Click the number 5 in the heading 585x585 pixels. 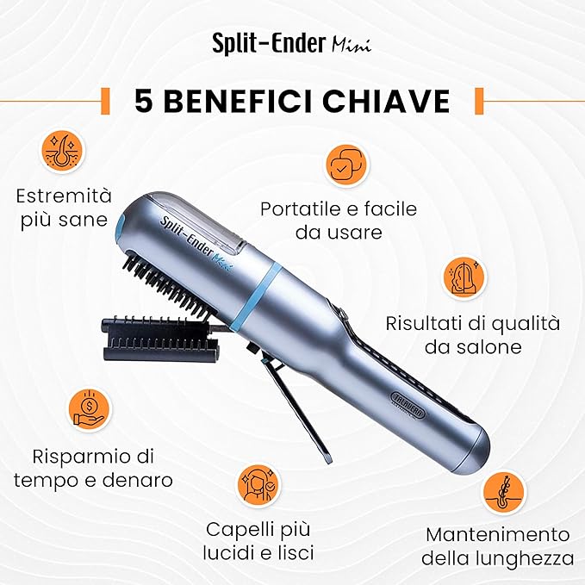pyautogui.click(x=144, y=101)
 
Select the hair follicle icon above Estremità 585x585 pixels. pyautogui.click(x=64, y=151)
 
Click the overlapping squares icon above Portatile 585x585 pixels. pyautogui.click(x=345, y=166)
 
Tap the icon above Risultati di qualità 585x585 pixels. pyautogui.click(x=464, y=277)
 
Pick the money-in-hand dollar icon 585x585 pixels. pyautogui.click(x=90, y=409)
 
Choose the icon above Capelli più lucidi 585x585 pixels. pyautogui.click(x=258, y=486)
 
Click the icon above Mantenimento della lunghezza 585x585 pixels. pyautogui.click(x=504, y=493)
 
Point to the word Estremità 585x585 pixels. pyautogui.click(x=64, y=196)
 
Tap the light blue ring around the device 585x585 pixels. pyautogui.click(x=256, y=294)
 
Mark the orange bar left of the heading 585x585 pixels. pyautogui.click(x=106, y=101)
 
